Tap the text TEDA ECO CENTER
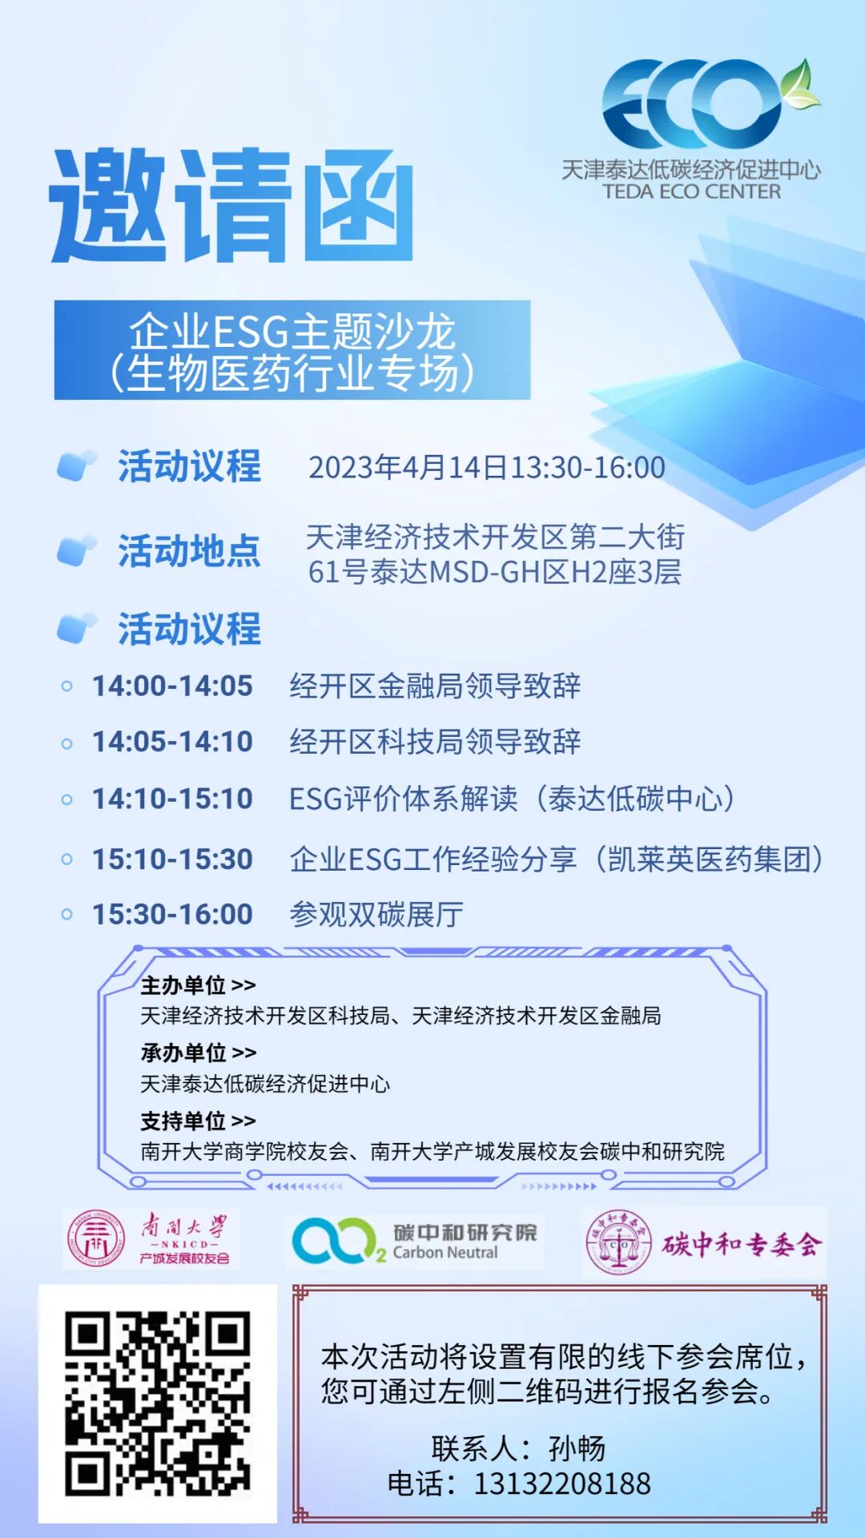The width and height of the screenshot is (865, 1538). [691, 192]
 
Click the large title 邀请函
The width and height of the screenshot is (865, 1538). [231, 205]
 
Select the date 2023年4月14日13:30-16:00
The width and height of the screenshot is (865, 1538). [487, 468]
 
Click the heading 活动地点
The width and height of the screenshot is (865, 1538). [189, 551]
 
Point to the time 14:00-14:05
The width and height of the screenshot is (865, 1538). [172, 686]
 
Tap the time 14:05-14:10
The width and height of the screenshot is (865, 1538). [172, 742]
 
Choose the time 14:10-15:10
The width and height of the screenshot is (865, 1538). [172, 799]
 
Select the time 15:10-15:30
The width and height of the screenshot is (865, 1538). [172, 860]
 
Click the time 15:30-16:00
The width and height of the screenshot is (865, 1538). [172, 915]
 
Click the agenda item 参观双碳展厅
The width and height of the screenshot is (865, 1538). [376, 915]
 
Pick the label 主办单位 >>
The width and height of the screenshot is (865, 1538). [198, 984]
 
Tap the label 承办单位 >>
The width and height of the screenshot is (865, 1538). [198, 1053]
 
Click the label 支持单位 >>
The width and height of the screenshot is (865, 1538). [198, 1121]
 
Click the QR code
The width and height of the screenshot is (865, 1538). [158, 1403]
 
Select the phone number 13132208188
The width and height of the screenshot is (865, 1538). [562, 1484]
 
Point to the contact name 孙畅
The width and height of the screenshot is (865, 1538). [577, 1448]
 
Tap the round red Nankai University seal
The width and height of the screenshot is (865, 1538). [95, 1239]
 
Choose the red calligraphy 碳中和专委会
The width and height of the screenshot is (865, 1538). [741, 1244]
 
